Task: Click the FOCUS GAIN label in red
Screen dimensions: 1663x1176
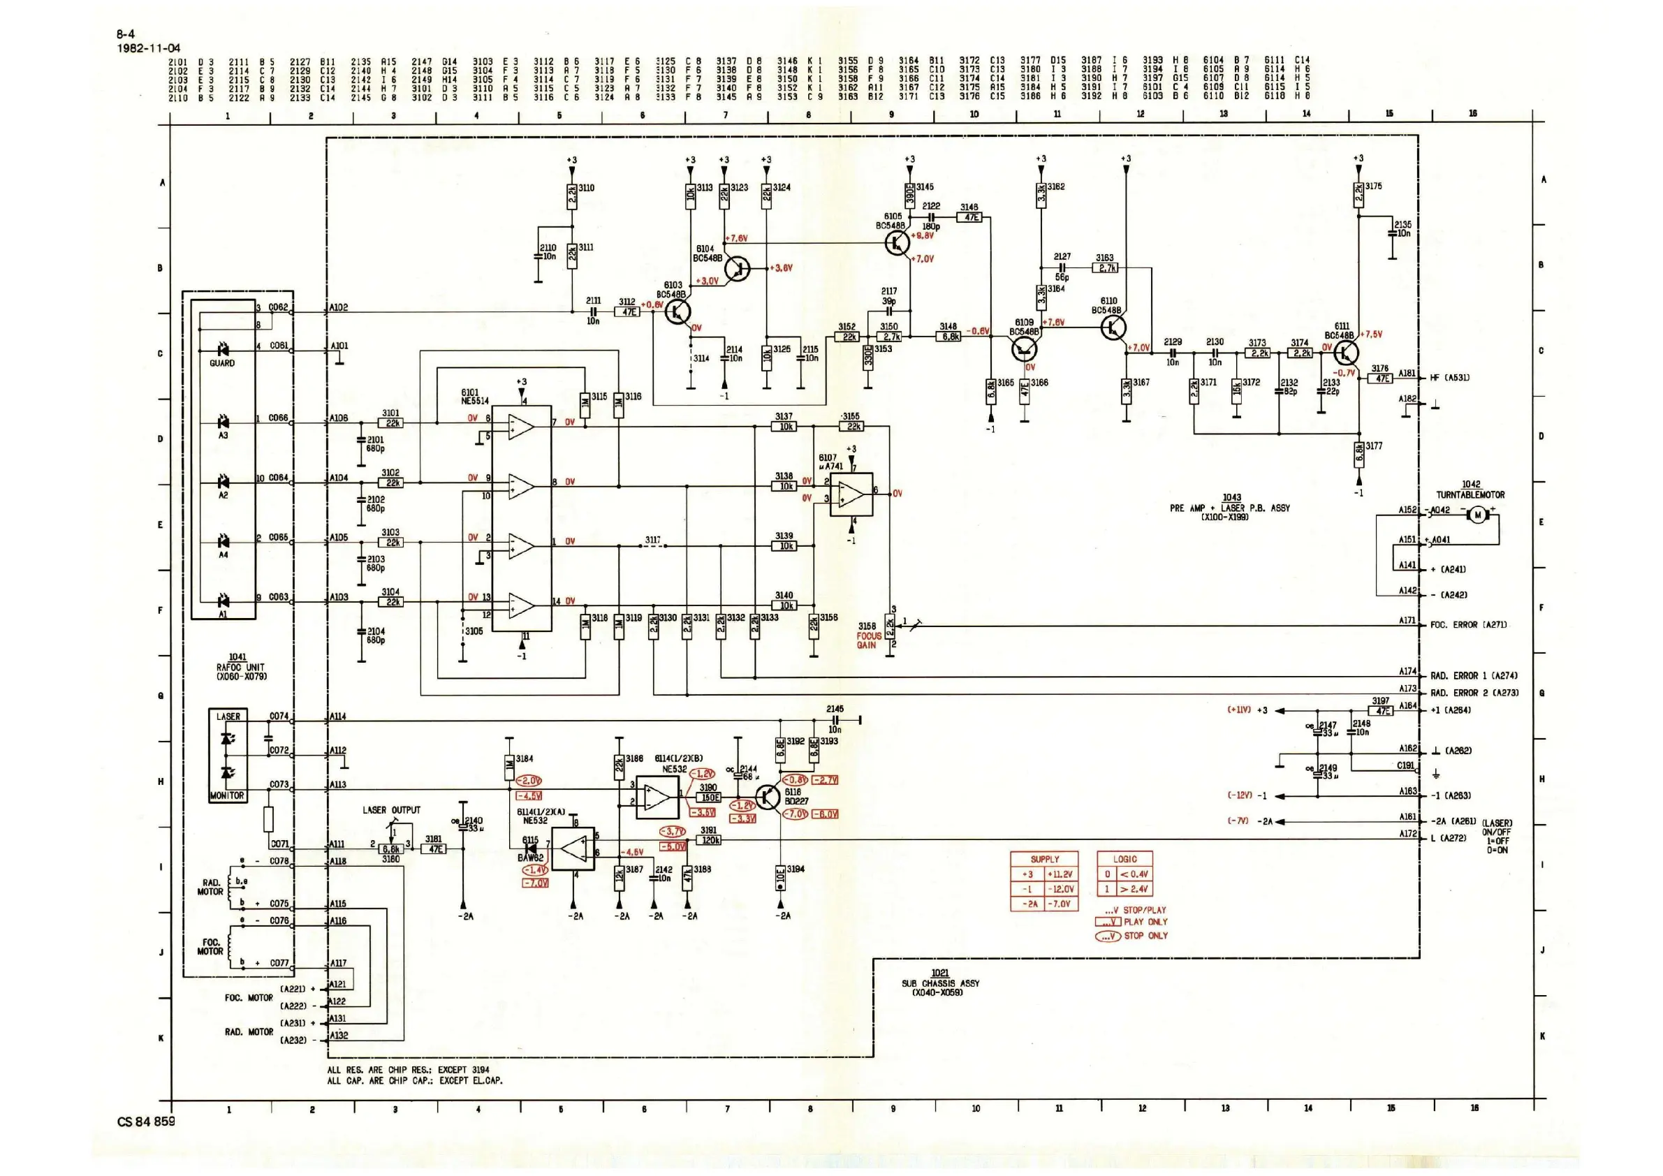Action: tap(868, 640)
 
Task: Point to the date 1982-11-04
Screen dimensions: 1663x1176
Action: tap(149, 48)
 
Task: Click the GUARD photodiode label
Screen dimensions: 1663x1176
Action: tap(221, 363)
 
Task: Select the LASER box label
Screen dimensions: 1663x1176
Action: tap(228, 716)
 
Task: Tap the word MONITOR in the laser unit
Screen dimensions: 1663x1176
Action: tap(228, 795)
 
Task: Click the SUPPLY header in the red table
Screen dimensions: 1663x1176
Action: tap(1044, 859)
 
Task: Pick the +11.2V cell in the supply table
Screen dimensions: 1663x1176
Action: tap(1061, 874)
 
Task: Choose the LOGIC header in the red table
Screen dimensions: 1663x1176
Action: tap(1124, 859)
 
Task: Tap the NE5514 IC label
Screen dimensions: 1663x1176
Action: tap(475, 400)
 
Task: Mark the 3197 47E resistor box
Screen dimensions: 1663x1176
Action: tap(1382, 710)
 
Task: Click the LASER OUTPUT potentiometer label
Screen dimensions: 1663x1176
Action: tap(391, 810)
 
